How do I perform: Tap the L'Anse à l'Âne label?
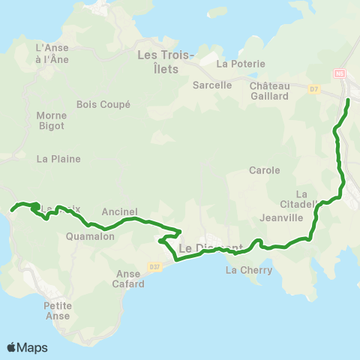tap(52, 53)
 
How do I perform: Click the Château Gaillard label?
tap(269, 91)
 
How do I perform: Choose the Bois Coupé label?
tap(103, 105)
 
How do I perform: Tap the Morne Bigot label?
tap(51, 121)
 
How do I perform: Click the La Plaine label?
tap(58, 159)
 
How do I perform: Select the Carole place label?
tap(264, 170)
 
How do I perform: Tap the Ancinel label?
tap(118, 212)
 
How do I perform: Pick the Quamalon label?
tap(90, 235)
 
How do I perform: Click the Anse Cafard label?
tap(128, 279)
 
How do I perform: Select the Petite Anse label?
tap(57, 310)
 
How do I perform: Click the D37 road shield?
tap(154, 265)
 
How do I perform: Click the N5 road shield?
tap(340, 73)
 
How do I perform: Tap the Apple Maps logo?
tap(27, 347)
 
